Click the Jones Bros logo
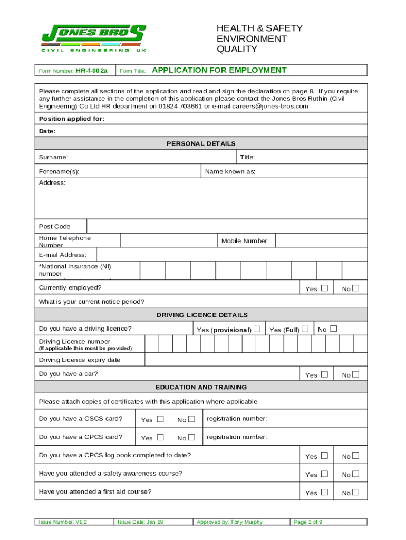tap(93, 38)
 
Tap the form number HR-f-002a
tap(91, 71)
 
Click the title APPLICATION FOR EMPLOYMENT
tap(219, 70)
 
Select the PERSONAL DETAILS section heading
tap(201, 143)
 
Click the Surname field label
tap(53, 157)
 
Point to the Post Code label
tap(55, 227)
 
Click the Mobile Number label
tap(244, 241)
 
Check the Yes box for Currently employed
tap(324, 288)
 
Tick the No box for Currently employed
tap(356, 288)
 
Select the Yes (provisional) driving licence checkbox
tap(257, 329)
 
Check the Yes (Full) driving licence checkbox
tap(305, 329)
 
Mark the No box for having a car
tap(356, 374)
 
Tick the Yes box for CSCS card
tap(160, 419)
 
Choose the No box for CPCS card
tap(191, 437)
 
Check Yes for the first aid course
tap(324, 492)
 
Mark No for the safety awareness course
tap(356, 474)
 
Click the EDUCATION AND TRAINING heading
tap(201, 387)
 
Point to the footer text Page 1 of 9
tap(308, 522)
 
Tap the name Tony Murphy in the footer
tap(246, 522)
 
